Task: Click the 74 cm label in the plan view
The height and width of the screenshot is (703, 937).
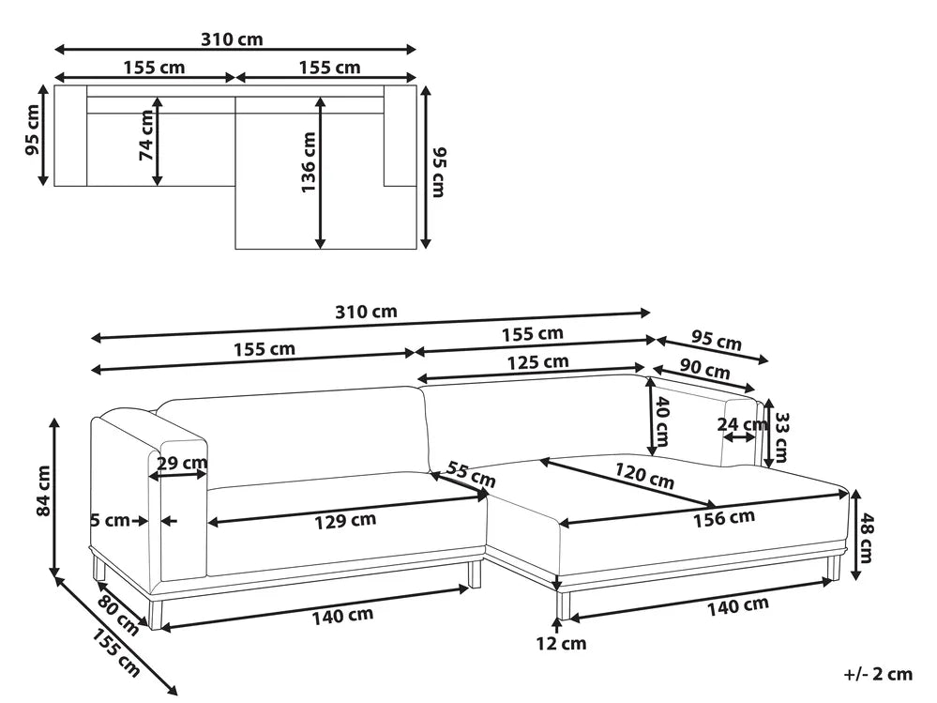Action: point(145,136)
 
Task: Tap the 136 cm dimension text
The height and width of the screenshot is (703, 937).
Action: point(309,162)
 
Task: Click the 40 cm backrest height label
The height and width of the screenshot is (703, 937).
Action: point(662,420)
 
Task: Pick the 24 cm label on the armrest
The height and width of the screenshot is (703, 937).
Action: point(734,423)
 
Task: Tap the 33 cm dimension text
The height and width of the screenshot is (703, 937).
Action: point(780,434)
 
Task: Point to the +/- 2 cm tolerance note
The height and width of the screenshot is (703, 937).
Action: point(877,673)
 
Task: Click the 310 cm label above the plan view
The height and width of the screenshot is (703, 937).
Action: point(232,39)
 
